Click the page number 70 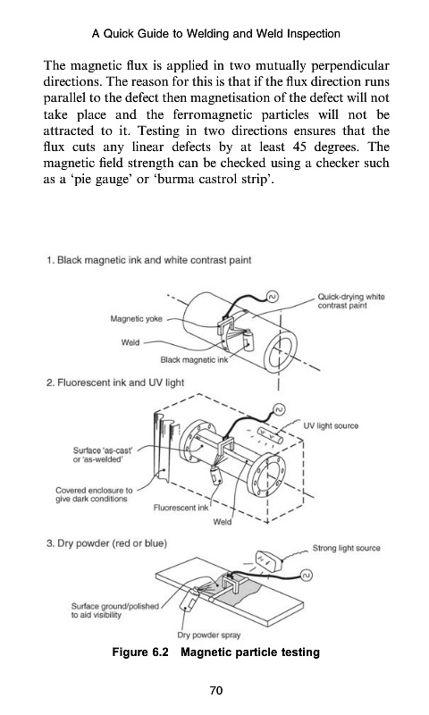pos(216,690)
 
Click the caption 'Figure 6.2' pos(140,652)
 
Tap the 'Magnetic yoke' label pos(136,319)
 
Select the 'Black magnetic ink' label pos(194,360)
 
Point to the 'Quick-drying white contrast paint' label pos(351,301)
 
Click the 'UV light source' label pos(331,425)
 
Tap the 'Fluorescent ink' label pos(181,508)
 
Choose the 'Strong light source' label pos(346,548)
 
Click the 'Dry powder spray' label pos(209,635)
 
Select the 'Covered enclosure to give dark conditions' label pos(94,494)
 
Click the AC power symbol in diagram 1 pos(272,298)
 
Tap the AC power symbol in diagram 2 pos(279,409)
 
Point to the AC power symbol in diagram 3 pos(307,576)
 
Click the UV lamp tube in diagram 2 pos(270,436)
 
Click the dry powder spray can pos(189,601)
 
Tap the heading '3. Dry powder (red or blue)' pos(106,543)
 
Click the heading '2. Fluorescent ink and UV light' pos(115,383)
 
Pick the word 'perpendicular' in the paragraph pos(350,66)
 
